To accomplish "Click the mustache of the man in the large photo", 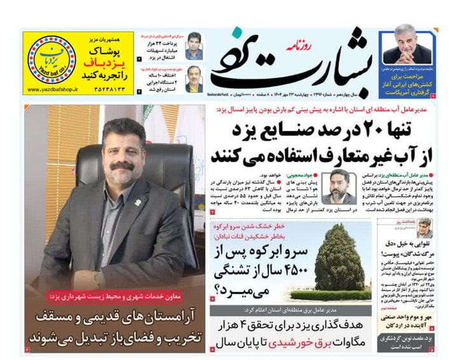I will (x=121, y=167).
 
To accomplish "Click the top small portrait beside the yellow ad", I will (x=193, y=47).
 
